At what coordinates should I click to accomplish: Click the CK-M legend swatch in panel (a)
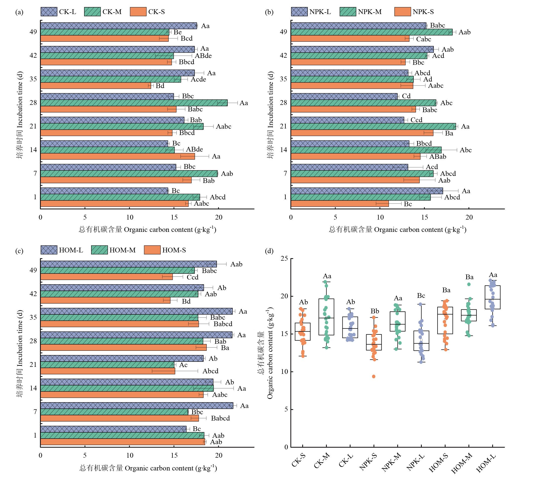(92, 12)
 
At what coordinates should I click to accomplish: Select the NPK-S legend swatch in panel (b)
(402, 12)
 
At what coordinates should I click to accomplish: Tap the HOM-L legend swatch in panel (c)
(49, 250)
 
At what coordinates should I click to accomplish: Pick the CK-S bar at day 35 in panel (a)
(96, 86)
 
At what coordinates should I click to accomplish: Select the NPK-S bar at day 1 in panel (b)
(340, 204)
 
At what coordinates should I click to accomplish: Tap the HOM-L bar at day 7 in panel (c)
(137, 405)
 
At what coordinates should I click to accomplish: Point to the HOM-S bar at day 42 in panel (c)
(105, 300)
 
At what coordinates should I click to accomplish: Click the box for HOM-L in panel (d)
(492, 297)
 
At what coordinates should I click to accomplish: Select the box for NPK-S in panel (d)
(374, 342)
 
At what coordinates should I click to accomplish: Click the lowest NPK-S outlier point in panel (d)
(374, 376)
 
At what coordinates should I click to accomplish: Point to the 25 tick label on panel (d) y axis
(284, 258)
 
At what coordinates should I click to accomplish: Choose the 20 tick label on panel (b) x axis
(469, 217)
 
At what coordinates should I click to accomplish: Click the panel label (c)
(19, 251)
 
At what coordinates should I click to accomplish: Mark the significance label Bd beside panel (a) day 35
(160, 86)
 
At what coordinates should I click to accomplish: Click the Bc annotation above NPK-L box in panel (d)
(421, 296)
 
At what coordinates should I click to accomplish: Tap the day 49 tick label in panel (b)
(283, 32)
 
